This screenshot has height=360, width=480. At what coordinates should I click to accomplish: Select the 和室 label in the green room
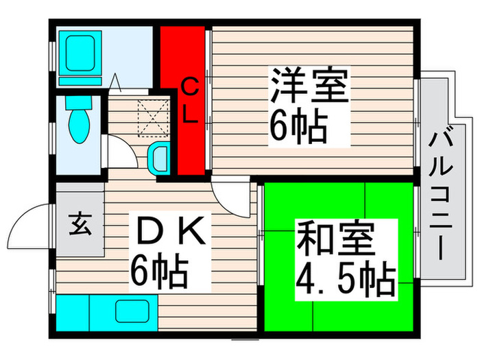pos(335,241)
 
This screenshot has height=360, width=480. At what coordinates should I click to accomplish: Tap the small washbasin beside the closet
pos(159,160)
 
